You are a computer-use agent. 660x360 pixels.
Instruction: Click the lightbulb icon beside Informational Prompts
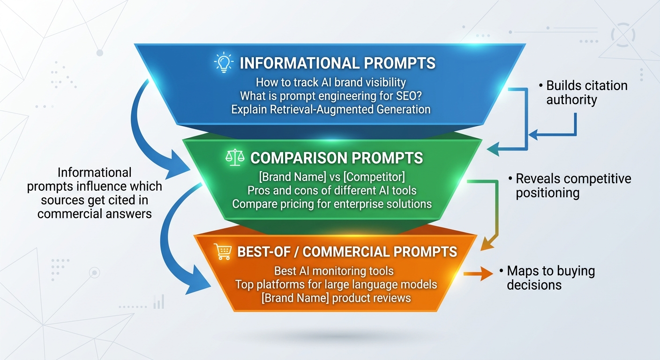tap(224, 63)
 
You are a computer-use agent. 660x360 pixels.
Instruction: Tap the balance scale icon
tap(235, 157)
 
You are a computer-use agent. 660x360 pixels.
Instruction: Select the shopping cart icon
tap(222, 252)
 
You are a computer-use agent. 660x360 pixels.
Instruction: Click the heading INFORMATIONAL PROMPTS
tap(337, 63)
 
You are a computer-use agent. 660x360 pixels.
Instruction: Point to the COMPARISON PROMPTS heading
tap(337, 158)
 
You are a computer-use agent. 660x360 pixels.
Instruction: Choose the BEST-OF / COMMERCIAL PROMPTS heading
tap(347, 252)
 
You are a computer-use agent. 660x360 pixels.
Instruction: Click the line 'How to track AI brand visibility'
tap(330, 82)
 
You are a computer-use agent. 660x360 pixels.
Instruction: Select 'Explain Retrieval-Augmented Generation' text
tap(330, 110)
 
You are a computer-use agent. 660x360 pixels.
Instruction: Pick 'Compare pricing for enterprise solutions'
tap(332, 204)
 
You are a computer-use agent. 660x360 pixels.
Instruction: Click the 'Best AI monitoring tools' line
tap(334, 271)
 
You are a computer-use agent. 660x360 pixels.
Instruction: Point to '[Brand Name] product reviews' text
tap(336, 298)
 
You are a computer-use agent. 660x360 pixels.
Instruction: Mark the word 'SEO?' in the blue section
tap(405, 96)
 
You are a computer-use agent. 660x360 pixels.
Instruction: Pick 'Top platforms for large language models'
tap(336, 285)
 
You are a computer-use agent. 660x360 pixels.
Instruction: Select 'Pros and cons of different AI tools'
tap(332, 191)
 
